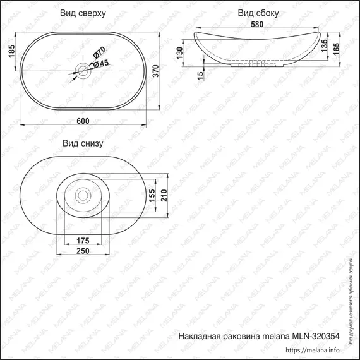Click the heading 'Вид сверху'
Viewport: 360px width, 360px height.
click(x=83, y=13)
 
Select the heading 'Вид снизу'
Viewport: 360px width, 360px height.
click(x=83, y=143)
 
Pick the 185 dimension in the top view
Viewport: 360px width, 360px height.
click(x=11, y=51)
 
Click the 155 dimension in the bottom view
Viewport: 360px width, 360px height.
click(x=152, y=196)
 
